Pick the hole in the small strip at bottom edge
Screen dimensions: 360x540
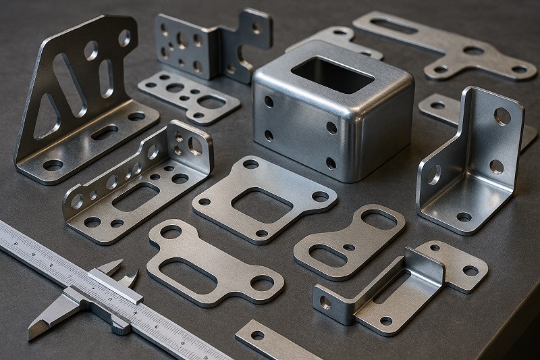(257, 335)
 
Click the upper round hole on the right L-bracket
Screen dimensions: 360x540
(502, 116)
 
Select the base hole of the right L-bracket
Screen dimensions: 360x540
(464, 217)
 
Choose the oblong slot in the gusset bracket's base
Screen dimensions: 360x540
(104, 132)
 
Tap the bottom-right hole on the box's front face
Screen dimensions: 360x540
(331, 163)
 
